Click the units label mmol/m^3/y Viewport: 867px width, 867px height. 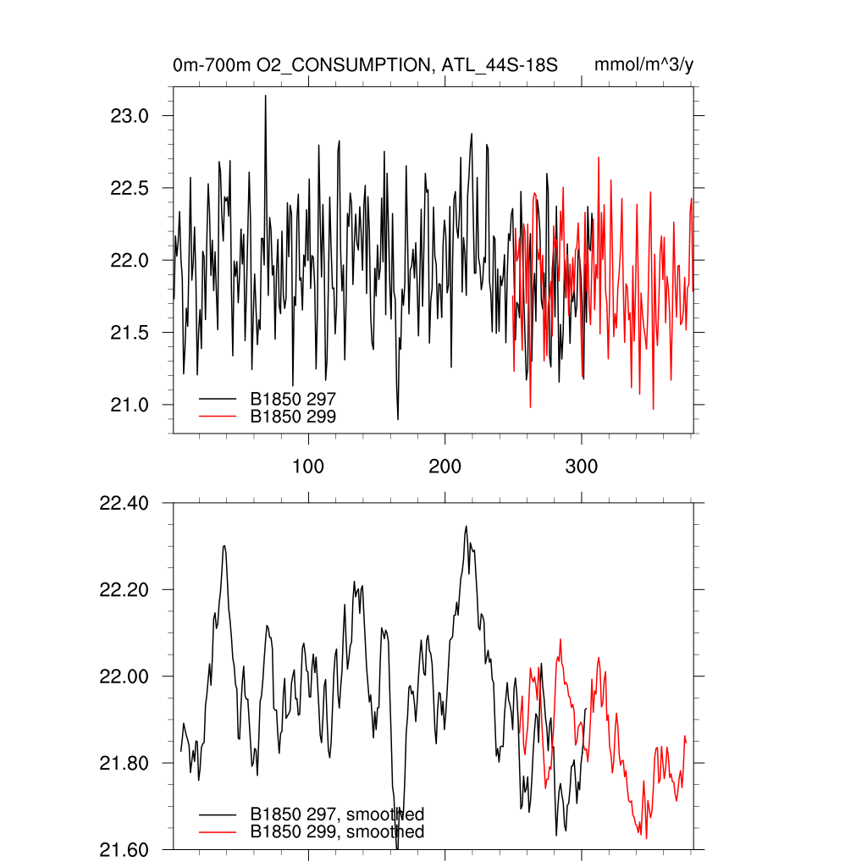pyautogui.click(x=644, y=65)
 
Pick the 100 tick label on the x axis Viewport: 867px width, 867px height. pyautogui.click(x=308, y=467)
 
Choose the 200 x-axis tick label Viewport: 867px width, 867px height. pyautogui.click(x=445, y=467)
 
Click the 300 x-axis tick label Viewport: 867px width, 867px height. pyautogui.click(x=582, y=467)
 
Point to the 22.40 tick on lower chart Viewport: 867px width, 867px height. pyautogui.click(x=124, y=504)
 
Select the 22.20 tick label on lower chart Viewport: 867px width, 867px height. pyautogui.click(x=124, y=590)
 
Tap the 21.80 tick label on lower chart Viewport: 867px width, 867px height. pyautogui.click(x=124, y=763)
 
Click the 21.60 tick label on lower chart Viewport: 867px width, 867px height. pyautogui.click(x=124, y=849)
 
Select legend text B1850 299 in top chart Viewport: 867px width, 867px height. pyautogui.click(x=294, y=416)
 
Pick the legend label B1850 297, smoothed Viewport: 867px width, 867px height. pyautogui.click(x=337, y=814)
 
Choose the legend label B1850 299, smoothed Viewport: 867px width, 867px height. pyautogui.click(x=337, y=832)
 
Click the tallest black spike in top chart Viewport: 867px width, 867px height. pyautogui.click(x=265, y=97)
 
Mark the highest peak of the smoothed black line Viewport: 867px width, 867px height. pyautogui.click(x=466, y=527)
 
